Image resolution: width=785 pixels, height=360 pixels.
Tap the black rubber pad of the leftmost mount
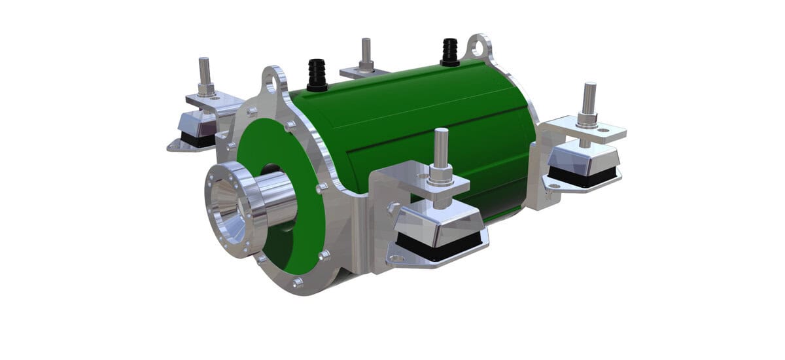[198, 140]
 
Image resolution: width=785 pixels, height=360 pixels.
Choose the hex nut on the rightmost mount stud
[587, 120]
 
